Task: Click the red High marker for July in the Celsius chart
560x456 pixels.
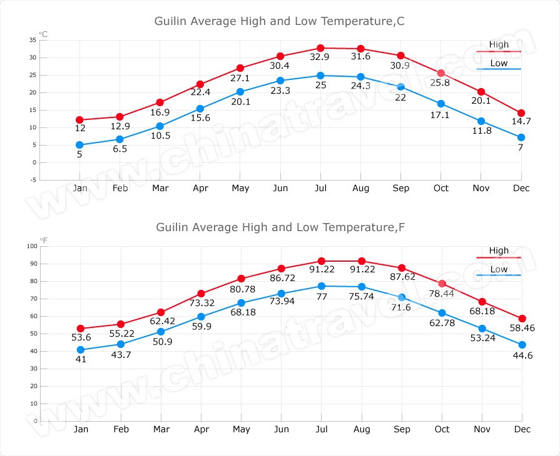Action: [320, 48]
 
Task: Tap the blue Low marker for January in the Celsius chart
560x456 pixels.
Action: [79, 145]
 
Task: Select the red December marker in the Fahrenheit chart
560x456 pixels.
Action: [521, 319]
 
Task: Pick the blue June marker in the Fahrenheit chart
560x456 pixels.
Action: [280, 294]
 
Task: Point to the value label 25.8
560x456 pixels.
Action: [441, 82]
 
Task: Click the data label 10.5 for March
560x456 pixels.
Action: [160, 136]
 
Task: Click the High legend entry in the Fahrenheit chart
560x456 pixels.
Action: [499, 251]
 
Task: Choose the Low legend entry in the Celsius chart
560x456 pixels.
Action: [499, 64]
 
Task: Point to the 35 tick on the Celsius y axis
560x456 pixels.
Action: [33, 40]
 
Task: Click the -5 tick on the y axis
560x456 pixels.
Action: [33, 180]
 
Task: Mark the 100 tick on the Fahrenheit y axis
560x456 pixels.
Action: [31, 246]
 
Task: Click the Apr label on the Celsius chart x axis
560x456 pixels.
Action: [200, 188]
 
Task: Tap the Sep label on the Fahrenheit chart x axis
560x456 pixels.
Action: [401, 429]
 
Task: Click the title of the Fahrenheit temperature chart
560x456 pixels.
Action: [280, 227]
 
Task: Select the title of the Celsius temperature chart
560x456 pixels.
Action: [280, 21]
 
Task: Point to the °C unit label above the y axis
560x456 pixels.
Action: [43, 34]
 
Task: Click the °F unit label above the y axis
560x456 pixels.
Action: [43, 240]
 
